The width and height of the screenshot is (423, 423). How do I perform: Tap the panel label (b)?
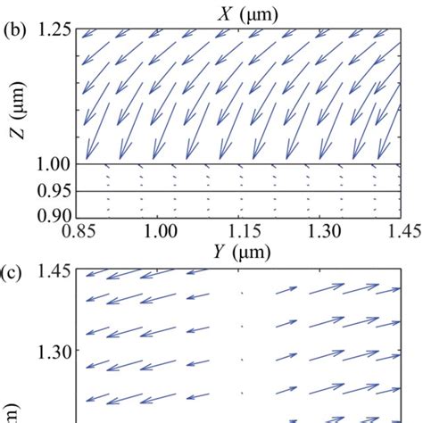15,29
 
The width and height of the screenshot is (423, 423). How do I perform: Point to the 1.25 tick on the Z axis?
55,30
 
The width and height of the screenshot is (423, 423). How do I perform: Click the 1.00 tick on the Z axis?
55,165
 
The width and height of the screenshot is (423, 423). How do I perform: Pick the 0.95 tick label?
55,191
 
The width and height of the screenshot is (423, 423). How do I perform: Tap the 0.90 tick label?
55,215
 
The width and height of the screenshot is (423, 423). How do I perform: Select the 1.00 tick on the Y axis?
159,232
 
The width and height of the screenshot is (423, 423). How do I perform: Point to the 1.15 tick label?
240,232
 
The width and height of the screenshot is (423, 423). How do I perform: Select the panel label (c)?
12,270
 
